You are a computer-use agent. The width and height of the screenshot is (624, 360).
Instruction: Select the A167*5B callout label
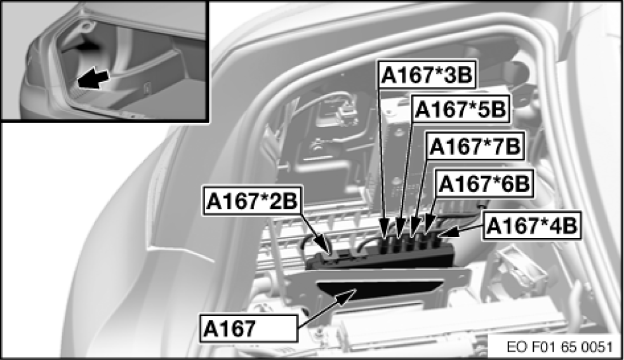460,109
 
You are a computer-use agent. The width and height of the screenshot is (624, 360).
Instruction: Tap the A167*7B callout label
475,145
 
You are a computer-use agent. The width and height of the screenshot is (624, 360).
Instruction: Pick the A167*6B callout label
484,183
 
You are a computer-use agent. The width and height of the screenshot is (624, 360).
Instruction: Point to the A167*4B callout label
532,225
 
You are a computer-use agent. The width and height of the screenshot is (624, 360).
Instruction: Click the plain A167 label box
249,328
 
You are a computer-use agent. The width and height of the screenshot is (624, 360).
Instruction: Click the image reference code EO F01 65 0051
559,347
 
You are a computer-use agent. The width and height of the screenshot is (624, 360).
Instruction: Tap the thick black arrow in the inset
93,79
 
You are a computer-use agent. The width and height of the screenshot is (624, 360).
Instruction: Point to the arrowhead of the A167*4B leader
446,233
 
